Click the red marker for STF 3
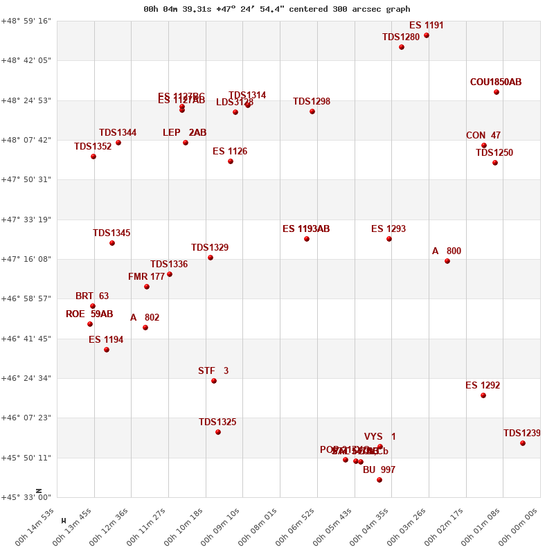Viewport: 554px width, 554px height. point(214,381)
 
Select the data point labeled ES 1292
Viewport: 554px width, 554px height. point(483,395)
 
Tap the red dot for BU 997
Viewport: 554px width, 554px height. point(379,480)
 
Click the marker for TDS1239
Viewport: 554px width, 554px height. point(523,443)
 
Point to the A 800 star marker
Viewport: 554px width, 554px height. point(447,261)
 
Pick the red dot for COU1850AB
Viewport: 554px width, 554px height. point(497,92)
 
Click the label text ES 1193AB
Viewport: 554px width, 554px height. point(306,229)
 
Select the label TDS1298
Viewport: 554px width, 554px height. point(312,102)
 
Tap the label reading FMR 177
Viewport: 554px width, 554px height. point(147,277)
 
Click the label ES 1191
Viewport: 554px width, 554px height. point(427,26)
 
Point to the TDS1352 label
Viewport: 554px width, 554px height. point(93,147)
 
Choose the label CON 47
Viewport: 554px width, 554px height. point(483,136)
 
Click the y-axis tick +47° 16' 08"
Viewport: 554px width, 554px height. point(28,259)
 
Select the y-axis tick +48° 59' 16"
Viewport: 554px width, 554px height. point(28,21)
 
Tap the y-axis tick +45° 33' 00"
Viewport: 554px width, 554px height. point(28,497)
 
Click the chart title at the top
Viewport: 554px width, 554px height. point(277,9)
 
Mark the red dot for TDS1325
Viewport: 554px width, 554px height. point(218,432)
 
